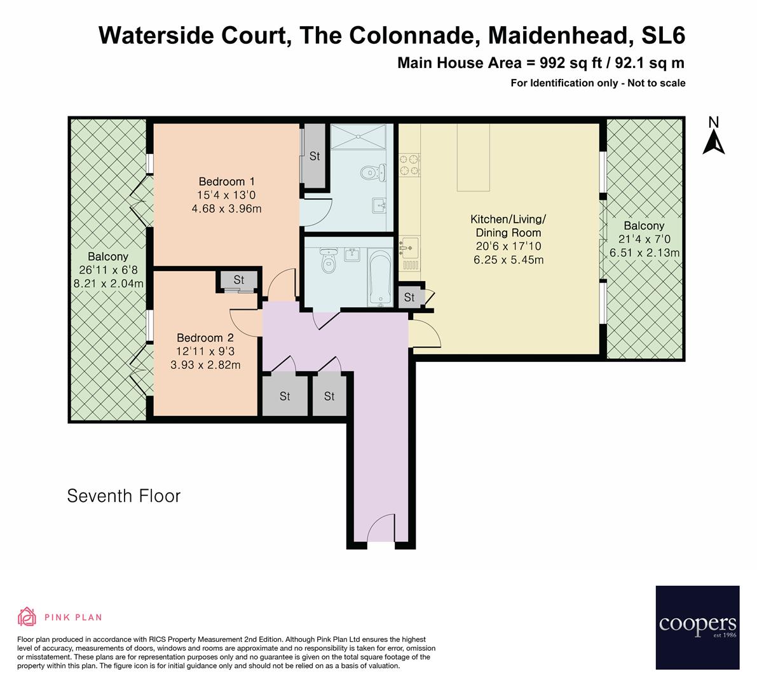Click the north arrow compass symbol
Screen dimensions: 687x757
pos(714,136)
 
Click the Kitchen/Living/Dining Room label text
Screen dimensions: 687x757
pos(508,226)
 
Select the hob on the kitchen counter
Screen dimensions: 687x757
pos(409,165)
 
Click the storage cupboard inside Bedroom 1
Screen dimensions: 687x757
pos(314,156)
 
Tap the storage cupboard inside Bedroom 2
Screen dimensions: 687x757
pos(239,280)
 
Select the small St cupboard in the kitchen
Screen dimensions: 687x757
pos(409,297)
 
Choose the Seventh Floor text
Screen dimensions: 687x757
pos(124,496)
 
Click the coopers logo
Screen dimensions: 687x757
pos(697,627)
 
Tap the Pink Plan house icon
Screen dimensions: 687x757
pos(27,617)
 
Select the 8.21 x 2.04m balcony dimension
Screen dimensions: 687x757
pos(108,284)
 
